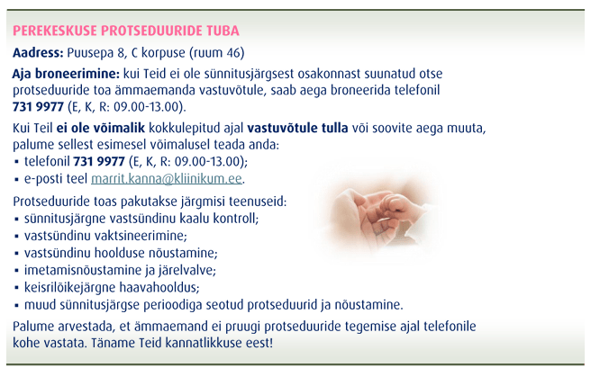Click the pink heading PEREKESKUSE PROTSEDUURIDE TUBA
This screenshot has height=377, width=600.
126,31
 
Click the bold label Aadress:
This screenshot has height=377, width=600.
38,52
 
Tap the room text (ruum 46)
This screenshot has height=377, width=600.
216,53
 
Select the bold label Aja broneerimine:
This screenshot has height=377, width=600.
66,74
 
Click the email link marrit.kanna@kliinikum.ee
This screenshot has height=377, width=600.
167,178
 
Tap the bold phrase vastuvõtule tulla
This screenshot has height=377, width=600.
297,128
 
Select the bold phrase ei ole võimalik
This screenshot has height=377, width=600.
101,128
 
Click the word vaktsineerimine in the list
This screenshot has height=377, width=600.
141,236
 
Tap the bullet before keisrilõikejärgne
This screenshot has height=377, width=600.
16,288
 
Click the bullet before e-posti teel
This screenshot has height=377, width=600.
16,179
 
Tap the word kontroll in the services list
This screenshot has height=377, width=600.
236,219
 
